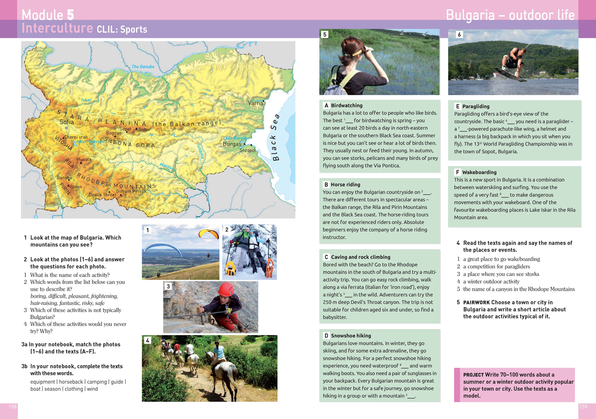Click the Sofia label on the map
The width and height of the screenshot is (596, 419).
(67, 122)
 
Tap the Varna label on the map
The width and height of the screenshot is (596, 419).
(256, 103)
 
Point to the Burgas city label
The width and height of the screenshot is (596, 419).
(232, 144)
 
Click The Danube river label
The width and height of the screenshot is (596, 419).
(143, 67)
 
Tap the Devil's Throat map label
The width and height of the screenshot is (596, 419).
(102, 195)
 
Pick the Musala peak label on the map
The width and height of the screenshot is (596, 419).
(84, 160)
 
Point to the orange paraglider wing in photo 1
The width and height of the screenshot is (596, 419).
(209, 233)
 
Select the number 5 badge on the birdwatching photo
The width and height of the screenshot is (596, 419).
(325, 35)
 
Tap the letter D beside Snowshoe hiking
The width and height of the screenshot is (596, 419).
(326, 336)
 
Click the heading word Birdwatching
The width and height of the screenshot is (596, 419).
(347, 105)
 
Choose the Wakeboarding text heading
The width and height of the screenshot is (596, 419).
(479, 172)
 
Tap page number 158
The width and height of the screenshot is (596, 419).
(13, 407)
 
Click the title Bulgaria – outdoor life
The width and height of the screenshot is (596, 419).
(510, 15)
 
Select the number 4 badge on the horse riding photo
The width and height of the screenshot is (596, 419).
(148, 340)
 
